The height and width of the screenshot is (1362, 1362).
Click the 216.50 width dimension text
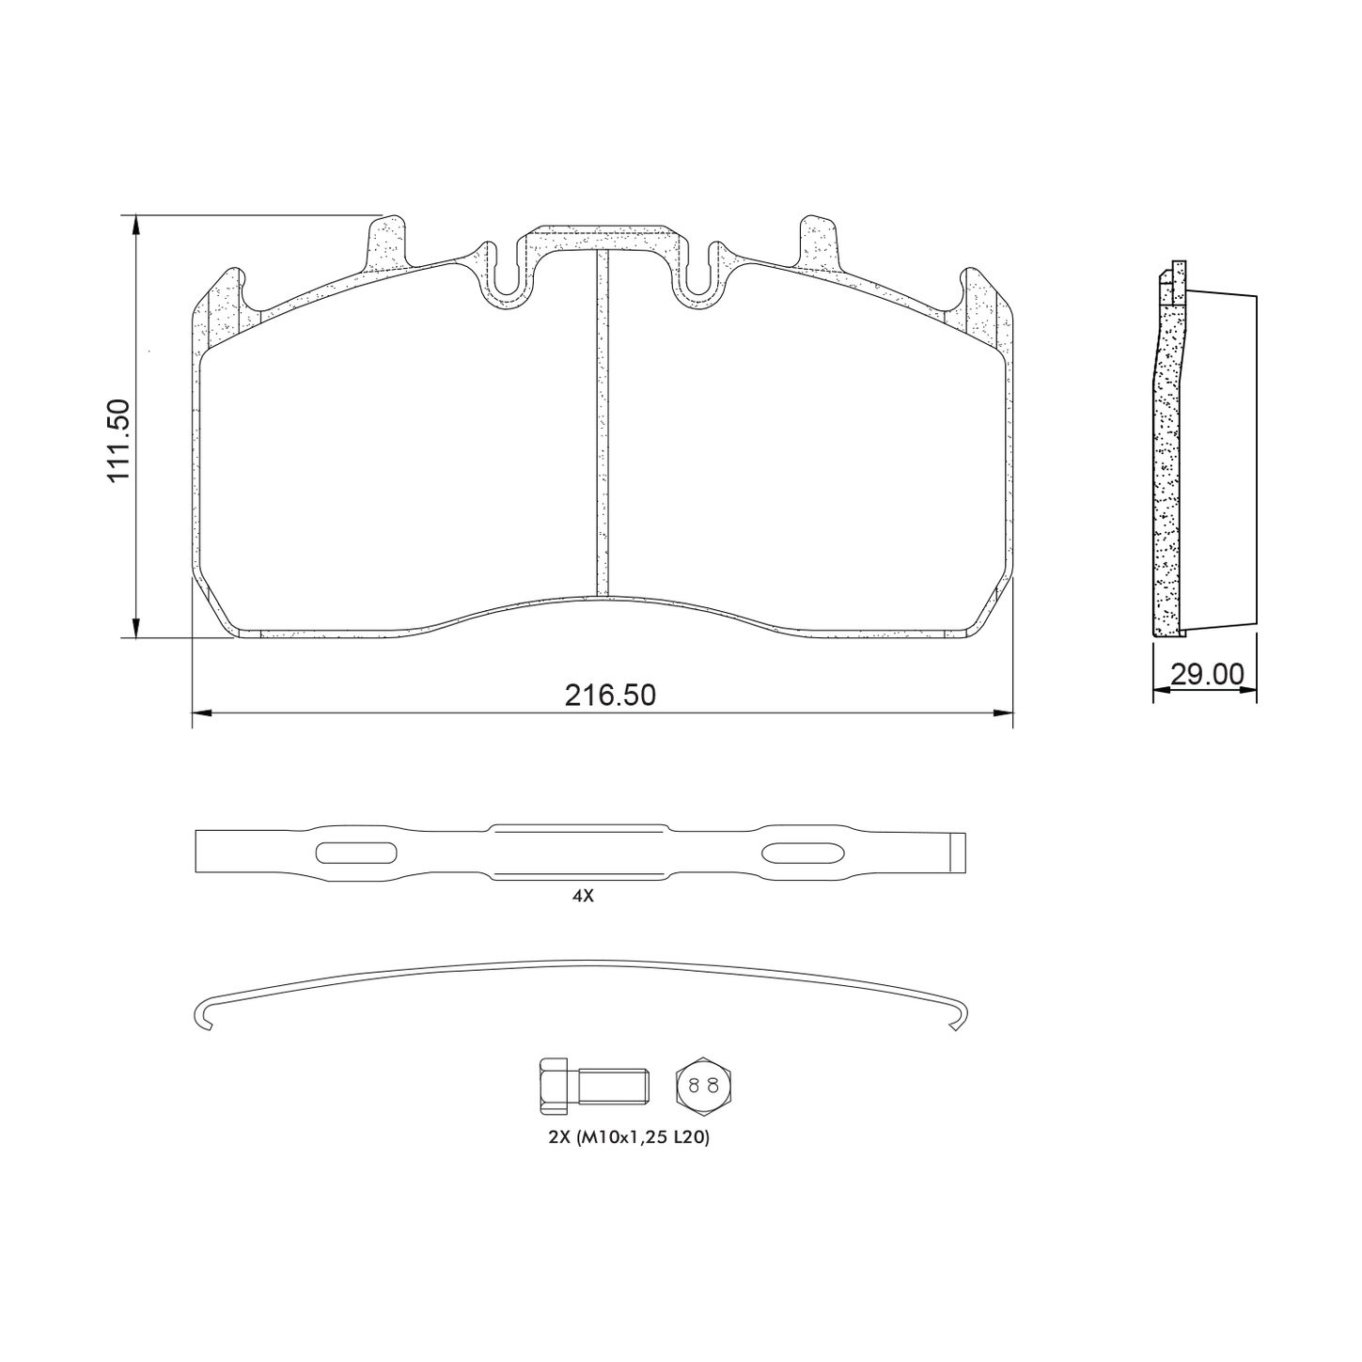pos(610,696)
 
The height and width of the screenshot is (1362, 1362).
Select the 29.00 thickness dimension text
pos(1207,674)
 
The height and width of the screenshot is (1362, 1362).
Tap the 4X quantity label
pos(583,896)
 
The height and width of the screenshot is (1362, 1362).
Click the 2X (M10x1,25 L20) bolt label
pos(628,1137)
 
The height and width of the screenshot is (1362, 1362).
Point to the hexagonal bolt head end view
pos(702,1086)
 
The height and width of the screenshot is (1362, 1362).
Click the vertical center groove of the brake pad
pos(602,423)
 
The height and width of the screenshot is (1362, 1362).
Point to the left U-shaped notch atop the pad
pos(506,277)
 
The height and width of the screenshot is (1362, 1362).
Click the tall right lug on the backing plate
pos(816,242)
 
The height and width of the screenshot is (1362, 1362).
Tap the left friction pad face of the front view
pos(395,470)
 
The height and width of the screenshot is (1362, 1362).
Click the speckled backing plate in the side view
pos(1166,470)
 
